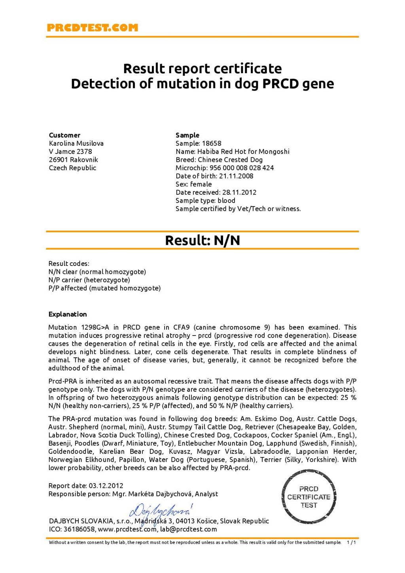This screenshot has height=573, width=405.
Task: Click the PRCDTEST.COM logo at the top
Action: click(93, 28)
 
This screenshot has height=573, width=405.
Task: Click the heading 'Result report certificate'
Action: click(202, 68)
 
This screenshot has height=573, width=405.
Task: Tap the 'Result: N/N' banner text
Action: click(202, 240)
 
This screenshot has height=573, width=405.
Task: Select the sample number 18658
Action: click(212, 143)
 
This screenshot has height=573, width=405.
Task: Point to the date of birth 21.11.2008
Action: click(236, 176)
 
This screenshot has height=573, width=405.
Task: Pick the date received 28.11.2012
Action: click(239, 192)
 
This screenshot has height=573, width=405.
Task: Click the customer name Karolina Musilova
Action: click(76, 143)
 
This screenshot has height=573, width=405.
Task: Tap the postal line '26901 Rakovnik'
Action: click(74, 159)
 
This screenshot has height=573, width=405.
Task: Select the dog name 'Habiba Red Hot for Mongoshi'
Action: click(243, 152)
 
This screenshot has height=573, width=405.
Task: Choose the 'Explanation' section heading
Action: click(68, 314)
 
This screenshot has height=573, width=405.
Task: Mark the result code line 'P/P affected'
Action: click(104, 288)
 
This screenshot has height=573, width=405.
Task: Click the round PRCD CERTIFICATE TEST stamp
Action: click(308, 497)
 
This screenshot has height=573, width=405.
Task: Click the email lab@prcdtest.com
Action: click(189, 529)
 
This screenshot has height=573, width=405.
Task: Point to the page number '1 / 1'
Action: click(351, 542)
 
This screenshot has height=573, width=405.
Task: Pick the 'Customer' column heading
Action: click(64, 135)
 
